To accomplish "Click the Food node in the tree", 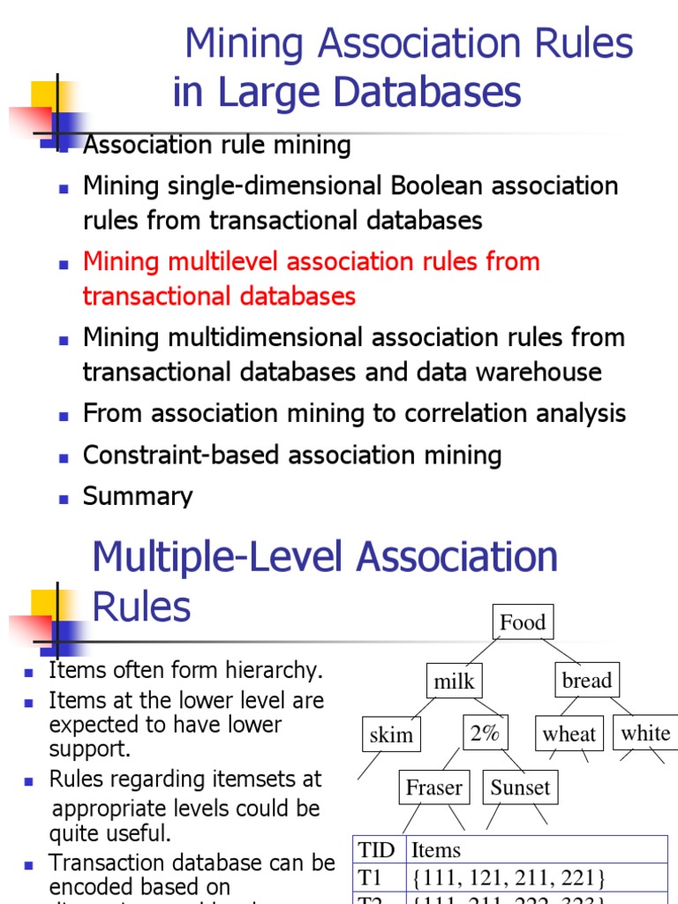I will pyautogui.click(x=523, y=622).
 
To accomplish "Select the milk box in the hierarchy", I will pyautogui.click(x=455, y=682).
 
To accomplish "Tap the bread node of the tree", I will pyautogui.click(x=587, y=680).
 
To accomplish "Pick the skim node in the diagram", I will pyautogui.click(x=391, y=734).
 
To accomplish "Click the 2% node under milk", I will pyautogui.click(x=485, y=733).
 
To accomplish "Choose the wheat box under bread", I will pyautogui.click(x=569, y=734).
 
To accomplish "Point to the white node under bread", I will pyautogui.click(x=645, y=733).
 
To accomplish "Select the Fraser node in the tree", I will pyautogui.click(x=433, y=787).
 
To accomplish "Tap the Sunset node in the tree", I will pyautogui.click(x=520, y=787).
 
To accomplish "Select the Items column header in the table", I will pyautogui.click(x=436, y=850).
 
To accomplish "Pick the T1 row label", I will pyautogui.click(x=372, y=878).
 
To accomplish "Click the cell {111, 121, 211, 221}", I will pyautogui.click(x=508, y=878).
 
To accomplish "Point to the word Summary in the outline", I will pyautogui.click(x=138, y=496).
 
